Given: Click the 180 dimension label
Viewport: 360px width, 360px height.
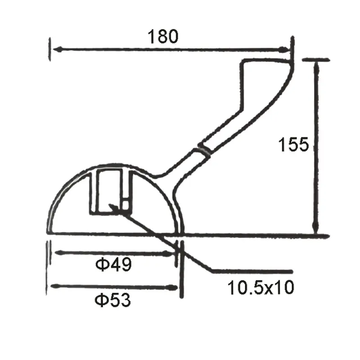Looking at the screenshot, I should tap(163, 36).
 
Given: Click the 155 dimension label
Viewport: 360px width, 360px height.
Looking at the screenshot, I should tap(293, 145).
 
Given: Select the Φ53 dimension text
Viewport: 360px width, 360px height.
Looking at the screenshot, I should tap(113, 299).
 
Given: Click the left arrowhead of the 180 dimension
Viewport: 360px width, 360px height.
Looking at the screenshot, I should tap(55, 49).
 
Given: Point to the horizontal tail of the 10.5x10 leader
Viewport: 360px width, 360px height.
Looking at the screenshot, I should tap(252, 271).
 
